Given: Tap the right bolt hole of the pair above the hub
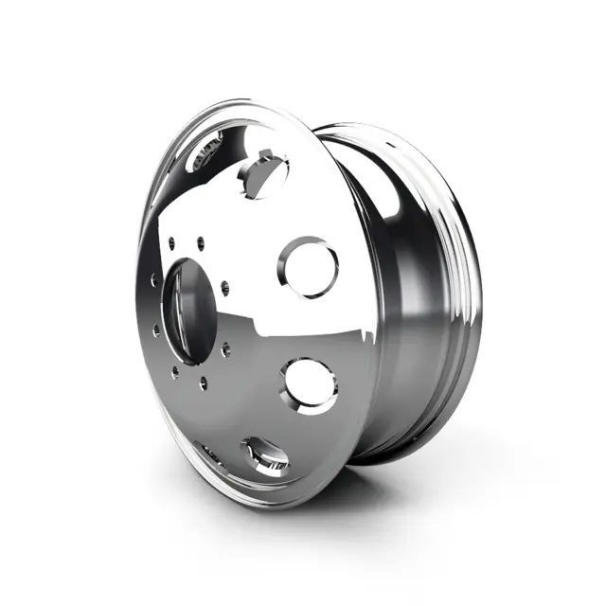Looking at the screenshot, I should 201,242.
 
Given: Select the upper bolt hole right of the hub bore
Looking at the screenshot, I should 223,286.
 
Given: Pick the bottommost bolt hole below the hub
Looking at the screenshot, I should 203,383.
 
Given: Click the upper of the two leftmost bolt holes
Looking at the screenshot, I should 153,280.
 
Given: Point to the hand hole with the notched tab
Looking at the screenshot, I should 262,176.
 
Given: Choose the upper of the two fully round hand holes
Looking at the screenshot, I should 309,267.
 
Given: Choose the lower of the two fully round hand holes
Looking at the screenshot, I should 311,383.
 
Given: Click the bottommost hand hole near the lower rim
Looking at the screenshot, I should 265,455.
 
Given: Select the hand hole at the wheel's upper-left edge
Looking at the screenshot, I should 206,152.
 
